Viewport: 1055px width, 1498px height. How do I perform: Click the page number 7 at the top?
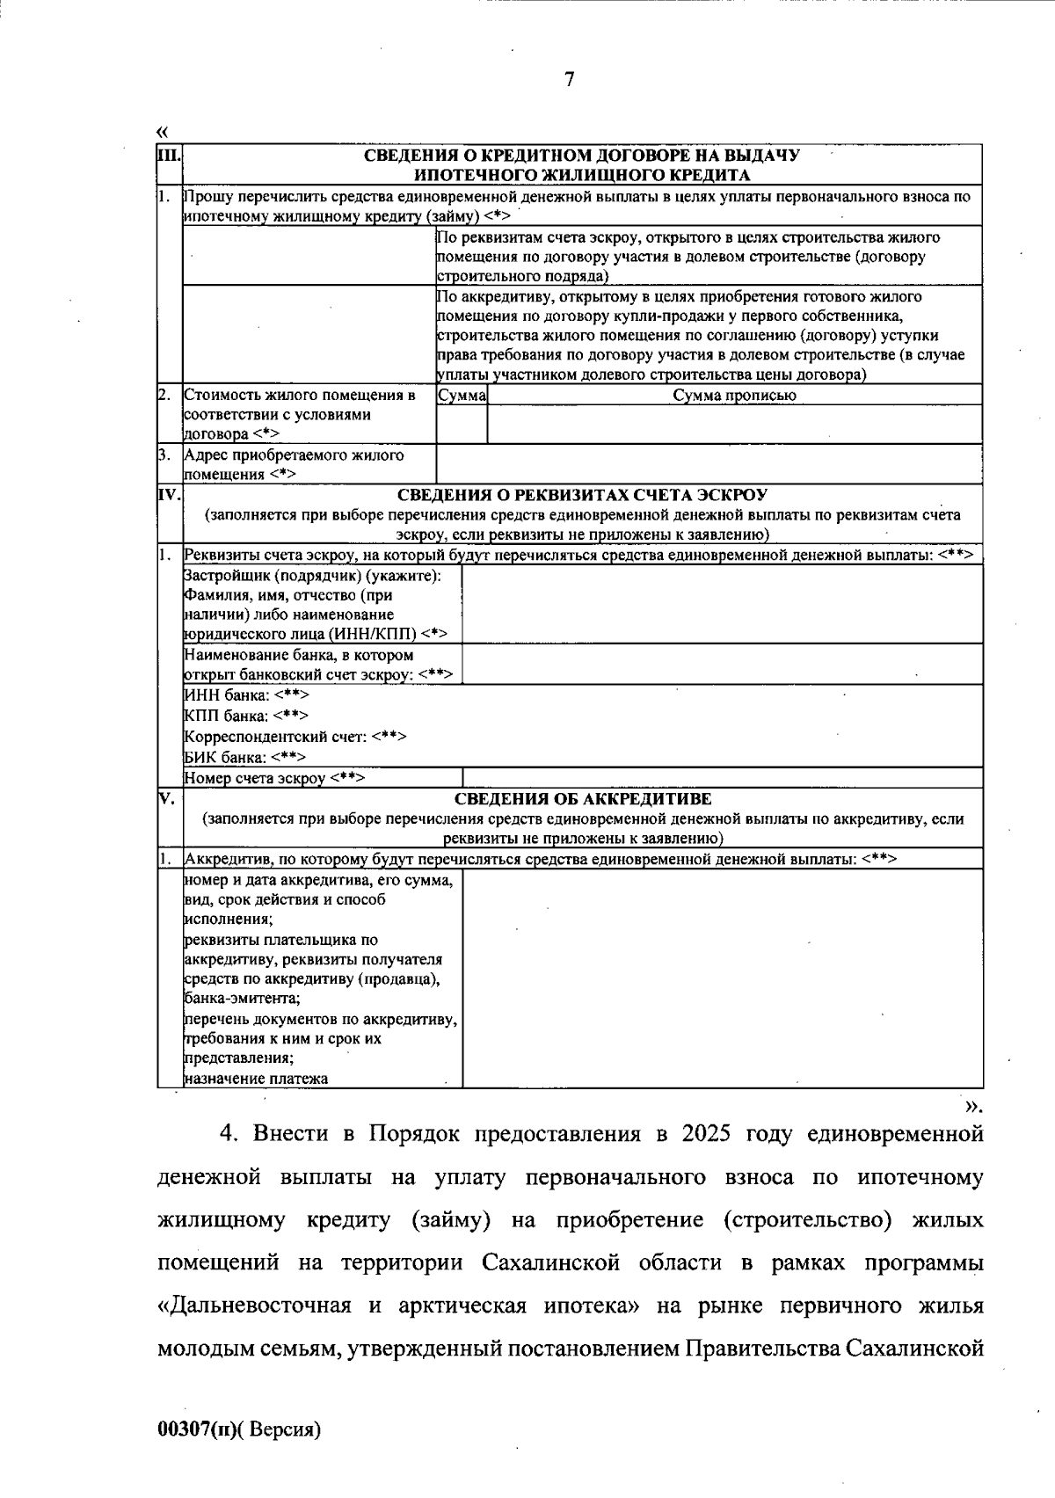569,80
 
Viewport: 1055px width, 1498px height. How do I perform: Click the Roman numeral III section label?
168,156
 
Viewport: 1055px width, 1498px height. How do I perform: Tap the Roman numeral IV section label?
169,494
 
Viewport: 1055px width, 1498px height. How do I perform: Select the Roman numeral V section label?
166,798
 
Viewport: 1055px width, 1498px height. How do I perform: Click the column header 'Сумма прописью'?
734,396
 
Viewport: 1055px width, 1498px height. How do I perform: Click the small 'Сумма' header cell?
462,396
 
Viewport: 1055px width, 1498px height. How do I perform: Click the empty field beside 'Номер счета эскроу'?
721,778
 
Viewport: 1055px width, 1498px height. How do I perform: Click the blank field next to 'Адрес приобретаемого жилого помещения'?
708,464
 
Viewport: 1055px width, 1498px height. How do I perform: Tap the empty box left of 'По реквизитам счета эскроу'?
308,257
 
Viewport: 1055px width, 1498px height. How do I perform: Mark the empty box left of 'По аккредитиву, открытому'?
308,335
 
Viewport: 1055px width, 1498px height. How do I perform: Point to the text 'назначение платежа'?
256,1079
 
